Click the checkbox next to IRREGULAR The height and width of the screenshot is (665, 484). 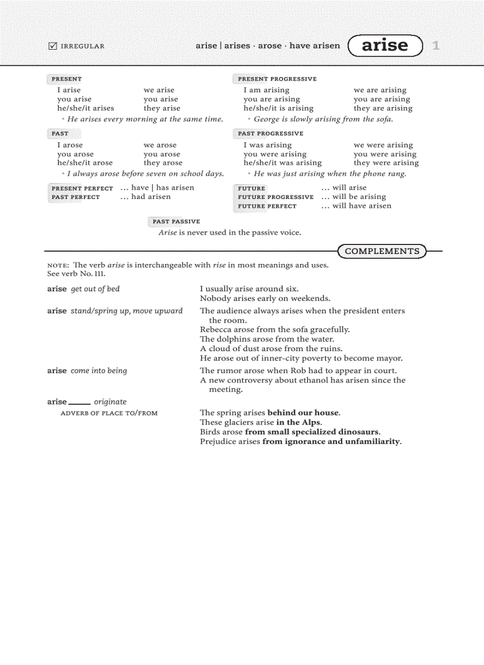(x=52, y=46)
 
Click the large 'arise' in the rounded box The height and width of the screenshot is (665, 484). (x=385, y=46)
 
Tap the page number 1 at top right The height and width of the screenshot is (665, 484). (x=436, y=46)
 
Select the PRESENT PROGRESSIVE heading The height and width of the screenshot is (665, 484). (x=277, y=79)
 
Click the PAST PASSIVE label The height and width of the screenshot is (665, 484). (x=176, y=221)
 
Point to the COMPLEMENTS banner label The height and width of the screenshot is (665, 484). (x=382, y=251)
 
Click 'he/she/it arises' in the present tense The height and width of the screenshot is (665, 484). (x=85, y=108)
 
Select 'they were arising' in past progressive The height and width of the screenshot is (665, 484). (x=386, y=163)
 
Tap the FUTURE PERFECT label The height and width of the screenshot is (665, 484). (x=267, y=206)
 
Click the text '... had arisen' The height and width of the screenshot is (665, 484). (x=145, y=197)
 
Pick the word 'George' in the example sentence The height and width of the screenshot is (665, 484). (x=266, y=119)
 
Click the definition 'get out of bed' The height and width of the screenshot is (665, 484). (x=95, y=289)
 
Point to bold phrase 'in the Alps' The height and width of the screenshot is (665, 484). (x=299, y=422)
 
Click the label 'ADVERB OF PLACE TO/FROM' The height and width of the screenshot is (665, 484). (x=109, y=413)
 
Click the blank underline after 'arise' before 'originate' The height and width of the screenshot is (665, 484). (x=79, y=403)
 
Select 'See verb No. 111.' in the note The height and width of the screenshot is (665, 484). (x=77, y=274)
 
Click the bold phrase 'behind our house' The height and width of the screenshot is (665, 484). (x=304, y=413)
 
